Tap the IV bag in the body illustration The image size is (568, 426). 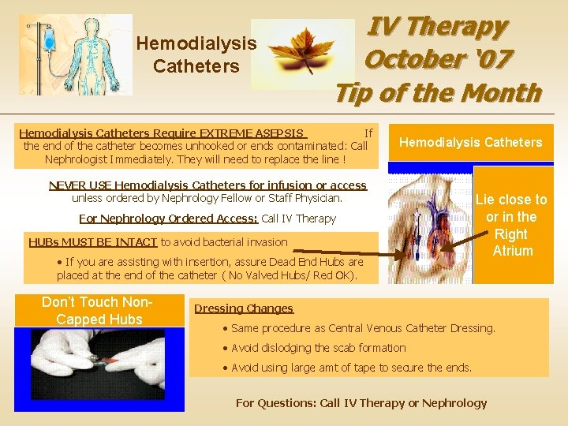click(x=50, y=36)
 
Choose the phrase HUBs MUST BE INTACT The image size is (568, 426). click(x=93, y=242)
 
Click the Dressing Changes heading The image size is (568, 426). click(x=244, y=308)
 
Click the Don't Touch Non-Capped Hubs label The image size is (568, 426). click(x=92, y=310)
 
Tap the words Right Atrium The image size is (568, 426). click(x=512, y=242)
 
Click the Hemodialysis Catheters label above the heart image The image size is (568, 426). click(x=470, y=142)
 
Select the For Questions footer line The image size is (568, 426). click(x=361, y=403)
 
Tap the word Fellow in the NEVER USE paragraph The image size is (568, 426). click(x=252, y=198)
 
